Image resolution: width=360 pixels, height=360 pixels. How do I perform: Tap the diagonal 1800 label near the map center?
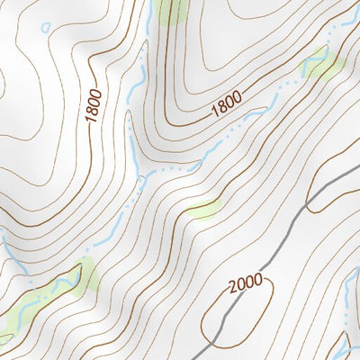tap(227, 107)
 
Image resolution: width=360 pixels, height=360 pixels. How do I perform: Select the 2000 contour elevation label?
tap(245, 284)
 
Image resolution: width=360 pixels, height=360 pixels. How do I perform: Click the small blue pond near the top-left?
tap(46, 27)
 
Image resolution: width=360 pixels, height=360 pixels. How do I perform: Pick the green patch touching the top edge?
tap(170, 9)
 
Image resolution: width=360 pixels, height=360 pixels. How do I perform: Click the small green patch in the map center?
tap(203, 210)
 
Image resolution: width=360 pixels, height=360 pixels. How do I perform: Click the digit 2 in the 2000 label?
tap(233, 289)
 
